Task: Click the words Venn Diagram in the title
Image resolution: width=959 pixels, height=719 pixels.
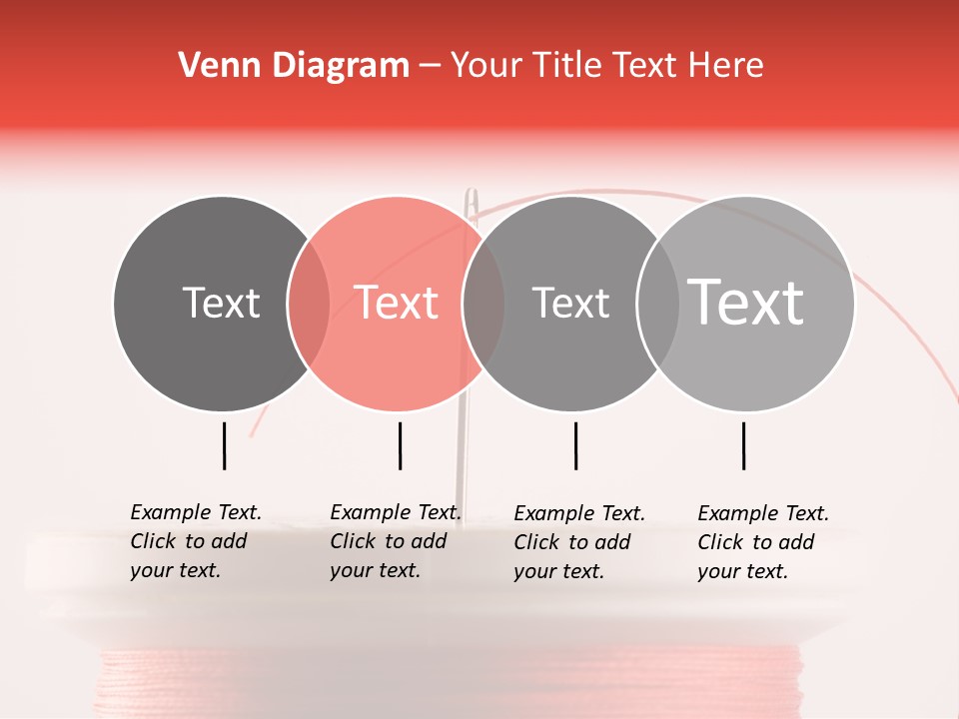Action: coord(294,66)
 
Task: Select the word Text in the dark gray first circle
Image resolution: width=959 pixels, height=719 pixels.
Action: coord(221,303)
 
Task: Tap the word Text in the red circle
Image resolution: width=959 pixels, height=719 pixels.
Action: coord(396,303)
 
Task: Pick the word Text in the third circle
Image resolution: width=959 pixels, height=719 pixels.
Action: coord(570,303)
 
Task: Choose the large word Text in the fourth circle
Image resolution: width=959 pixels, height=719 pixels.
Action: coord(746,302)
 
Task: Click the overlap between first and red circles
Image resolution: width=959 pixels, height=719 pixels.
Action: coord(309,304)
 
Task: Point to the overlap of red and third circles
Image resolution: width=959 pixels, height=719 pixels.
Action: coord(483,304)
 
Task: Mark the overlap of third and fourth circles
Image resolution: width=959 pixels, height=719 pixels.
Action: coord(657,304)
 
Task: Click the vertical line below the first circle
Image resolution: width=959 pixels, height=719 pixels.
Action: coord(225,445)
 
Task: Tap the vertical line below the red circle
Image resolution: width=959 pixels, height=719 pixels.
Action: coord(400,445)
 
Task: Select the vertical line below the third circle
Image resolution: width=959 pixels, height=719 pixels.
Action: coord(575,445)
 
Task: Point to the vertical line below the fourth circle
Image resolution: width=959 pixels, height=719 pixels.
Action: coord(743,445)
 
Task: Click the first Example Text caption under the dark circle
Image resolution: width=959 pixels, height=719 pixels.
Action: coord(196,541)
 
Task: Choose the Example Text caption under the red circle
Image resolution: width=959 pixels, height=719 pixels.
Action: coord(396,541)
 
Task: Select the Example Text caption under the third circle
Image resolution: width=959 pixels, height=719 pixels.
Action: coord(579,542)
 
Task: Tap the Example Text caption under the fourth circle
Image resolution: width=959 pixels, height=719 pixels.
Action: coord(763,542)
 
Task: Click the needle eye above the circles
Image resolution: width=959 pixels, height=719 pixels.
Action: coord(473,205)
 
